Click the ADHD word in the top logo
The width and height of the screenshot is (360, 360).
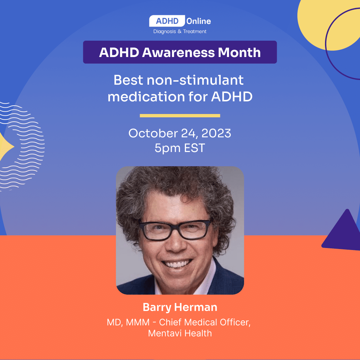(x=167, y=21)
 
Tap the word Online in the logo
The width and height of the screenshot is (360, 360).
(x=199, y=21)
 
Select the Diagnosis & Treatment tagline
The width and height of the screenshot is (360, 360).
(x=180, y=31)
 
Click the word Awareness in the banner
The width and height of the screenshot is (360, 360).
(x=178, y=52)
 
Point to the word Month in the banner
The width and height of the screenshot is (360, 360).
(x=239, y=52)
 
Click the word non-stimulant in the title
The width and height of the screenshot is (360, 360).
(x=195, y=80)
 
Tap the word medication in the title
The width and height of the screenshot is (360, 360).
(x=146, y=97)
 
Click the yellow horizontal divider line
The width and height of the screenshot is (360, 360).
(x=180, y=116)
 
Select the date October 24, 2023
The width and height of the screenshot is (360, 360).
(x=180, y=133)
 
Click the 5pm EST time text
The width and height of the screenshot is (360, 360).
(x=180, y=148)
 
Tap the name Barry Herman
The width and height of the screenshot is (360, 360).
(x=180, y=307)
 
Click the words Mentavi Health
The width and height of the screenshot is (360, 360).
(x=180, y=333)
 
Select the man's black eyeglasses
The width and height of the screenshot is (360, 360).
(x=176, y=230)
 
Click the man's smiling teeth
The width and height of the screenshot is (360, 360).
(x=178, y=264)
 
